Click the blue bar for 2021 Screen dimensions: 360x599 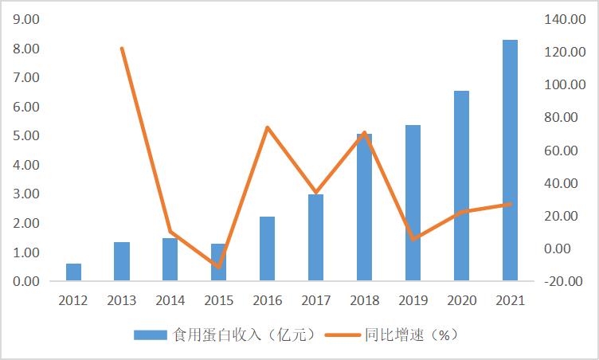pos(510,160)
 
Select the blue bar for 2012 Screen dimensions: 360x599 pos(73,272)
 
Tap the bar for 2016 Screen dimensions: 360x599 pos(268,248)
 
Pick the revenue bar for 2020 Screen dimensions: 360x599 pos(461,186)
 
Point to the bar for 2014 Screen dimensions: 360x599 pos(170,260)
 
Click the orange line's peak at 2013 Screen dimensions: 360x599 pos(122,49)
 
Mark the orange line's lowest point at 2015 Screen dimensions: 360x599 pos(218,266)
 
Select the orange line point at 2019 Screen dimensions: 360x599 pos(413,239)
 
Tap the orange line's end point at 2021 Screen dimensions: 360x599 pos(510,204)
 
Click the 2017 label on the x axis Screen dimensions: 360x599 pos(315,301)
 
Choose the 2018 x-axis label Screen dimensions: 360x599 pos(364,301)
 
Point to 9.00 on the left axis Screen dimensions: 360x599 pos(25,19)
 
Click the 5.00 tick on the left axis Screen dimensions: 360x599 pos(25,135)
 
